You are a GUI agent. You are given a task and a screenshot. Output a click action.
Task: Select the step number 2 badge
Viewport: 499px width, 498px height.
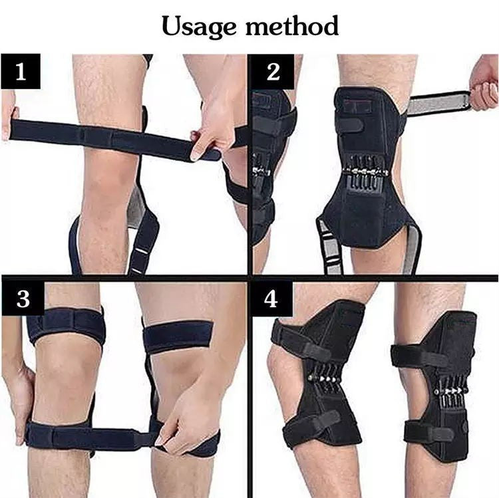(273, 72)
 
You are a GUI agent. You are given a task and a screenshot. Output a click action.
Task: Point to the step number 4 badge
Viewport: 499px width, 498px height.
(271, 299)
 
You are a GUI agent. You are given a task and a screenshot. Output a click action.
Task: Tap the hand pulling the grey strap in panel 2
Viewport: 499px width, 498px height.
(485, 84)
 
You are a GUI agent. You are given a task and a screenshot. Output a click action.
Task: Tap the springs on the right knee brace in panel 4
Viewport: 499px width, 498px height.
(446, 392)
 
